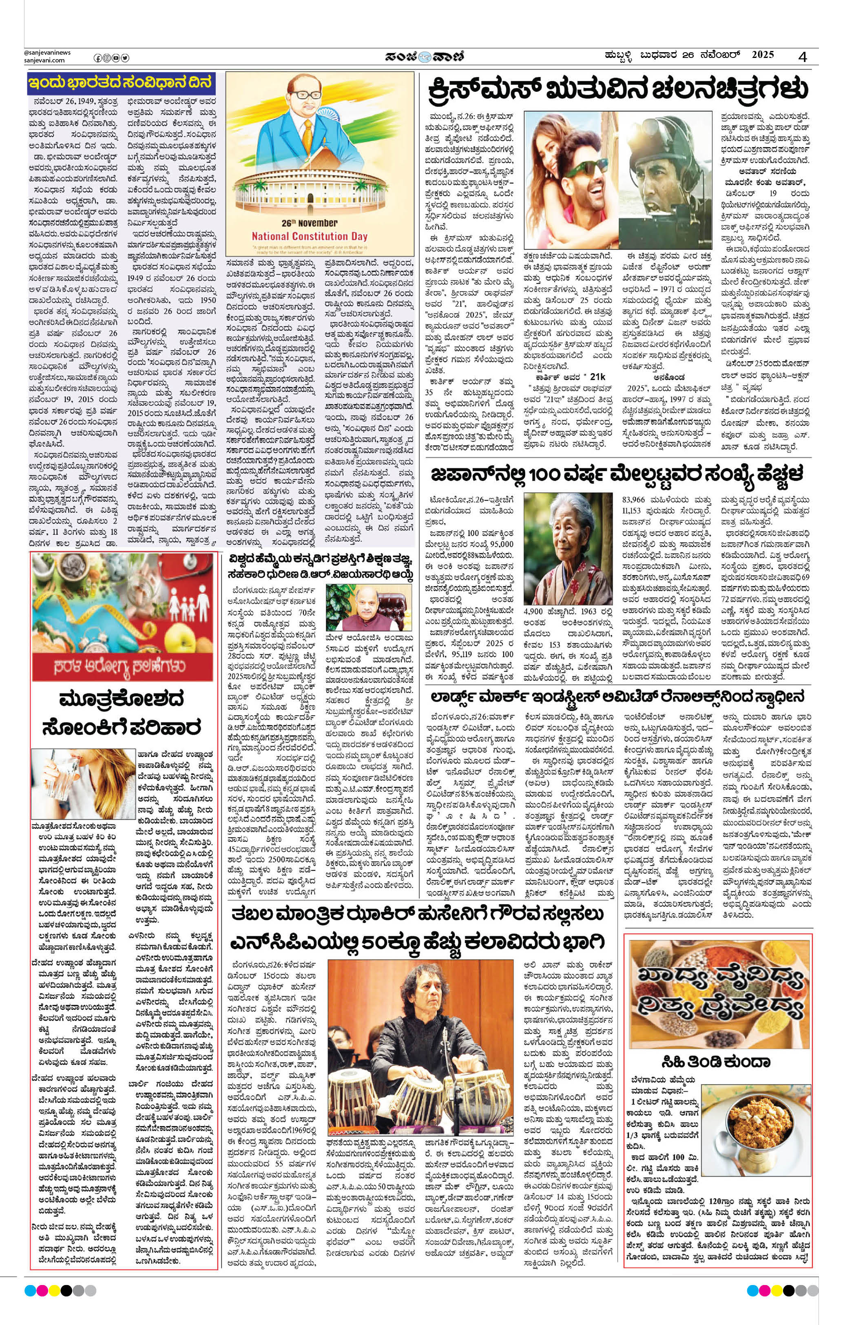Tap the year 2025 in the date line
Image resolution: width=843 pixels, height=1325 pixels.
click(762, 55)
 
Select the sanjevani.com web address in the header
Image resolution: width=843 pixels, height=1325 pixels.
click(44, 60)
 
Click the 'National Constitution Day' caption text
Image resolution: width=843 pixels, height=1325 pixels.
click(309, 236)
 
